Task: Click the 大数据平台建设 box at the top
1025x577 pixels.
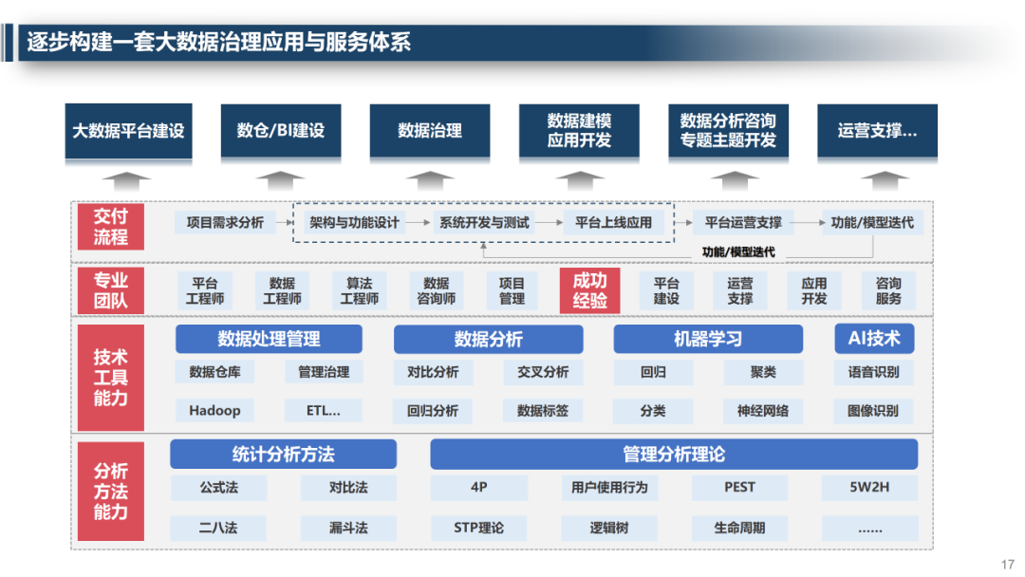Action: point(128,131)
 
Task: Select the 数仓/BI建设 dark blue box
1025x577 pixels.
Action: point(280,131)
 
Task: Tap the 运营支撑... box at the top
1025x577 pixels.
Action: point(877,131)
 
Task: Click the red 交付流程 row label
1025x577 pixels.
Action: point(110,227)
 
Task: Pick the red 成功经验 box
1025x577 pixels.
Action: point(589,290)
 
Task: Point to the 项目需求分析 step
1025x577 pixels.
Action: point(225,223)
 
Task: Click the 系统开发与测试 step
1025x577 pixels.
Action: point(483,223)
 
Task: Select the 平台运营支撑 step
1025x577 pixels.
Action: point(743,223)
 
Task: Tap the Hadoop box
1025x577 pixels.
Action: point(214,411)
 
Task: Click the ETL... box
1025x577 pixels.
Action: point(323,411)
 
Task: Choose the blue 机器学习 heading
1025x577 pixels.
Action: point(707,339)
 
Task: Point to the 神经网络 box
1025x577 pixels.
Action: point(762,411)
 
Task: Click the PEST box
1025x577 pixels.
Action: point(739,488)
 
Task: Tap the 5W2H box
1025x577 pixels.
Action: point(869,488)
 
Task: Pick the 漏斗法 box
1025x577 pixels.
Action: point(348,528)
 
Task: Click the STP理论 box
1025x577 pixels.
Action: point(478,528)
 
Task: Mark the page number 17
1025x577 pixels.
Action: point(1008,564)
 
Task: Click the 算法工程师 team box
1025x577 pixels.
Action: point(359,290)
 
